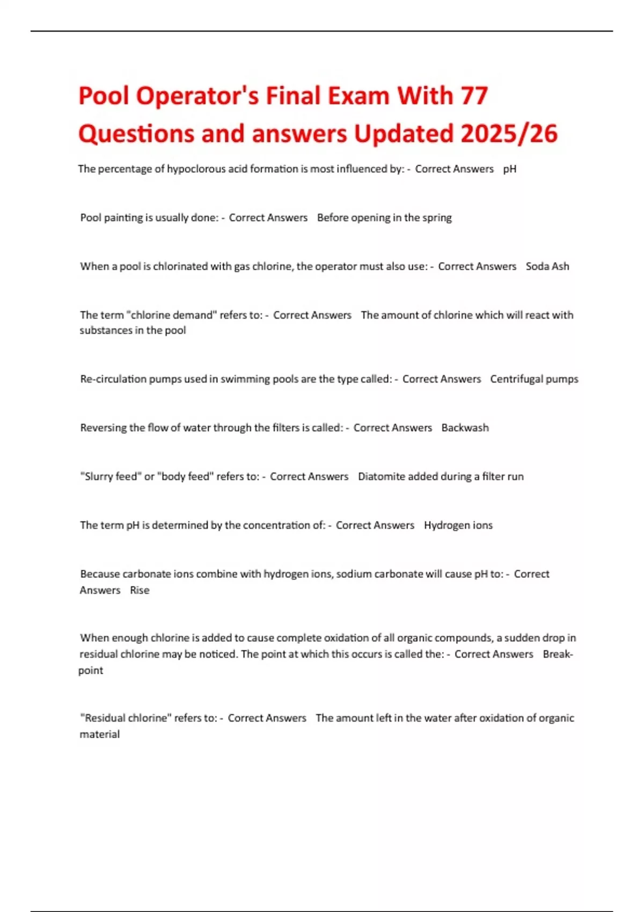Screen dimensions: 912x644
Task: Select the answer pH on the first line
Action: [510, 169]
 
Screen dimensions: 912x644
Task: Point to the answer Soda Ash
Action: [547, 267]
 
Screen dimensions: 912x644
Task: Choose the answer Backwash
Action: [465, 428]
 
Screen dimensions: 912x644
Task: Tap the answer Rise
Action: [140, 590]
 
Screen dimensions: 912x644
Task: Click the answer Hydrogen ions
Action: [458, 525]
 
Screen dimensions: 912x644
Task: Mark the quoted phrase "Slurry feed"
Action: [110, 476]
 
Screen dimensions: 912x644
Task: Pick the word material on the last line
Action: [100, 734]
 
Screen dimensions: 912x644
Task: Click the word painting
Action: [123, 218]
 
